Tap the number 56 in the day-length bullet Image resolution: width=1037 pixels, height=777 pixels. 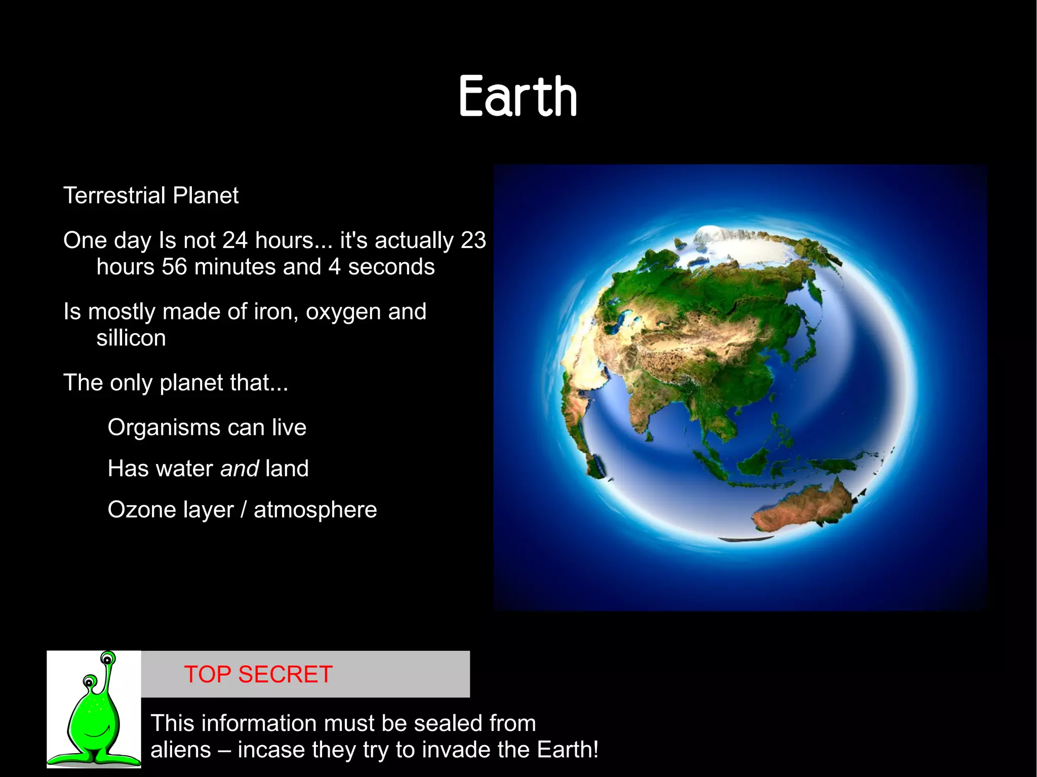click(x=174, y=267)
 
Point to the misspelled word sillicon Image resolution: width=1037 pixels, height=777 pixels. click(x=131, y=338)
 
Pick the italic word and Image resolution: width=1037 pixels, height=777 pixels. click(x=240, y=469)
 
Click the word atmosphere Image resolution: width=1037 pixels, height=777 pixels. click(x=315, y=510)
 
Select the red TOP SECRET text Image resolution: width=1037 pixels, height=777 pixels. click(x=258, y=674)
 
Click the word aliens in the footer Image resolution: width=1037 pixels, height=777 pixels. click(x=180, y=750)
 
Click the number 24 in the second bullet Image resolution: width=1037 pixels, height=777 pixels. click(x=234, y=240)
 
